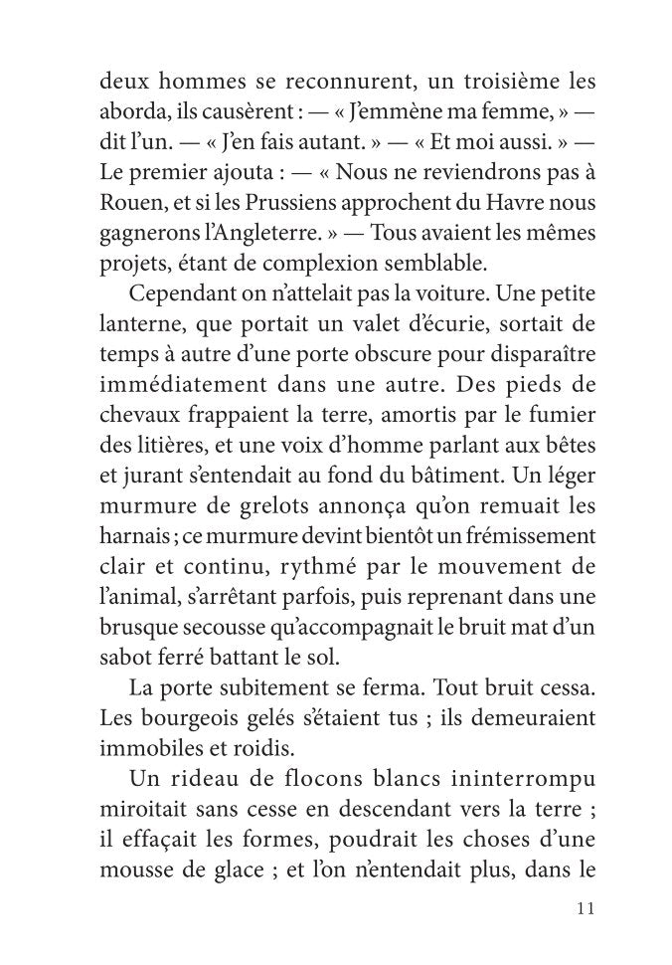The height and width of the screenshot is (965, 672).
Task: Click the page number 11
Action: click(x=585, y=908)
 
